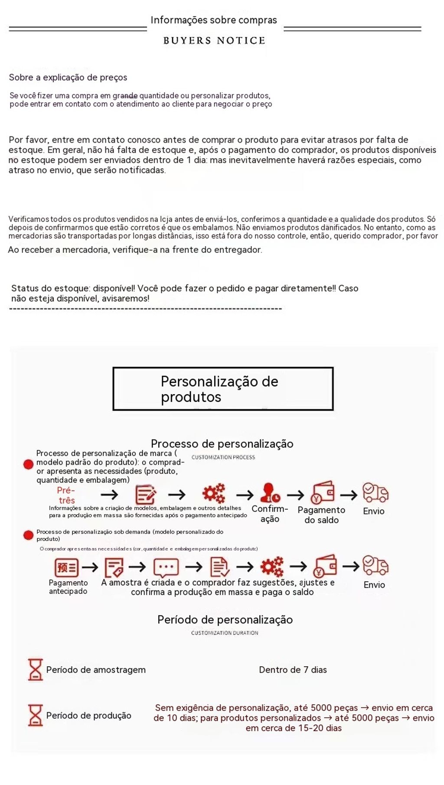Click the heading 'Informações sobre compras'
click(214, 20)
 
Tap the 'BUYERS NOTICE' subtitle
click(214, 41)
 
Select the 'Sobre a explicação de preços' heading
click(68, 78)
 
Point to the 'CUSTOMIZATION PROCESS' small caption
click(223, 457)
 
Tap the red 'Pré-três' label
click(66, 495)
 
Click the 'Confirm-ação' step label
click(270, 514)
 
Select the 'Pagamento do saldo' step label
click(321, 515)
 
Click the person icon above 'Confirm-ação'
click(270, 493)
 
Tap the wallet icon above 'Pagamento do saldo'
click(323, 493)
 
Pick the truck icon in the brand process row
click(375, 492)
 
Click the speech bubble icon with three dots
click(166, 567)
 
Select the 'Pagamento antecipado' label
click(68, 587)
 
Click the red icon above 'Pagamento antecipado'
click(66, 567)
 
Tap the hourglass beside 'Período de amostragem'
click(35, 670)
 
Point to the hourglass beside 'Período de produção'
click(35, 716)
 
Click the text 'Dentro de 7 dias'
click(293, 670)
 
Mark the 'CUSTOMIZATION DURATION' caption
click(225, 633)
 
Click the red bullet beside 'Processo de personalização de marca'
click(29, 464)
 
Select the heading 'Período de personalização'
click(225, 620)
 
